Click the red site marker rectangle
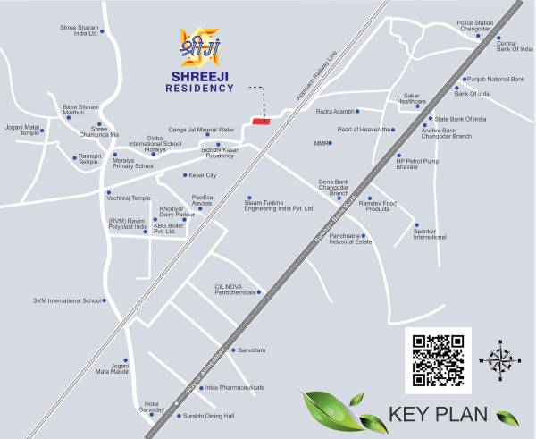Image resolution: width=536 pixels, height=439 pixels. point(262,120)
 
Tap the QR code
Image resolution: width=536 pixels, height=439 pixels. point(438,359)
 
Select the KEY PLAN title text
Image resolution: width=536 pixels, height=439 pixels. point(438,415)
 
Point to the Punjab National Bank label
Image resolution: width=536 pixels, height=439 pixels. point(497,80)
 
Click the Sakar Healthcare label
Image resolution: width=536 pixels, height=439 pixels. point(412,98)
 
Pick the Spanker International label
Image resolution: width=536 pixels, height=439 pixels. point(430,234)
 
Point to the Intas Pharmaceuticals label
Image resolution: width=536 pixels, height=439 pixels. point(234,387)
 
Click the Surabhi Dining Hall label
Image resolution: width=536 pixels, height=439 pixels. point(207,416)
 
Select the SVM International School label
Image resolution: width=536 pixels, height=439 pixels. point(68,300)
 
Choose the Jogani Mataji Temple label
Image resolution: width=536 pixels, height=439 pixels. point(22,131)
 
